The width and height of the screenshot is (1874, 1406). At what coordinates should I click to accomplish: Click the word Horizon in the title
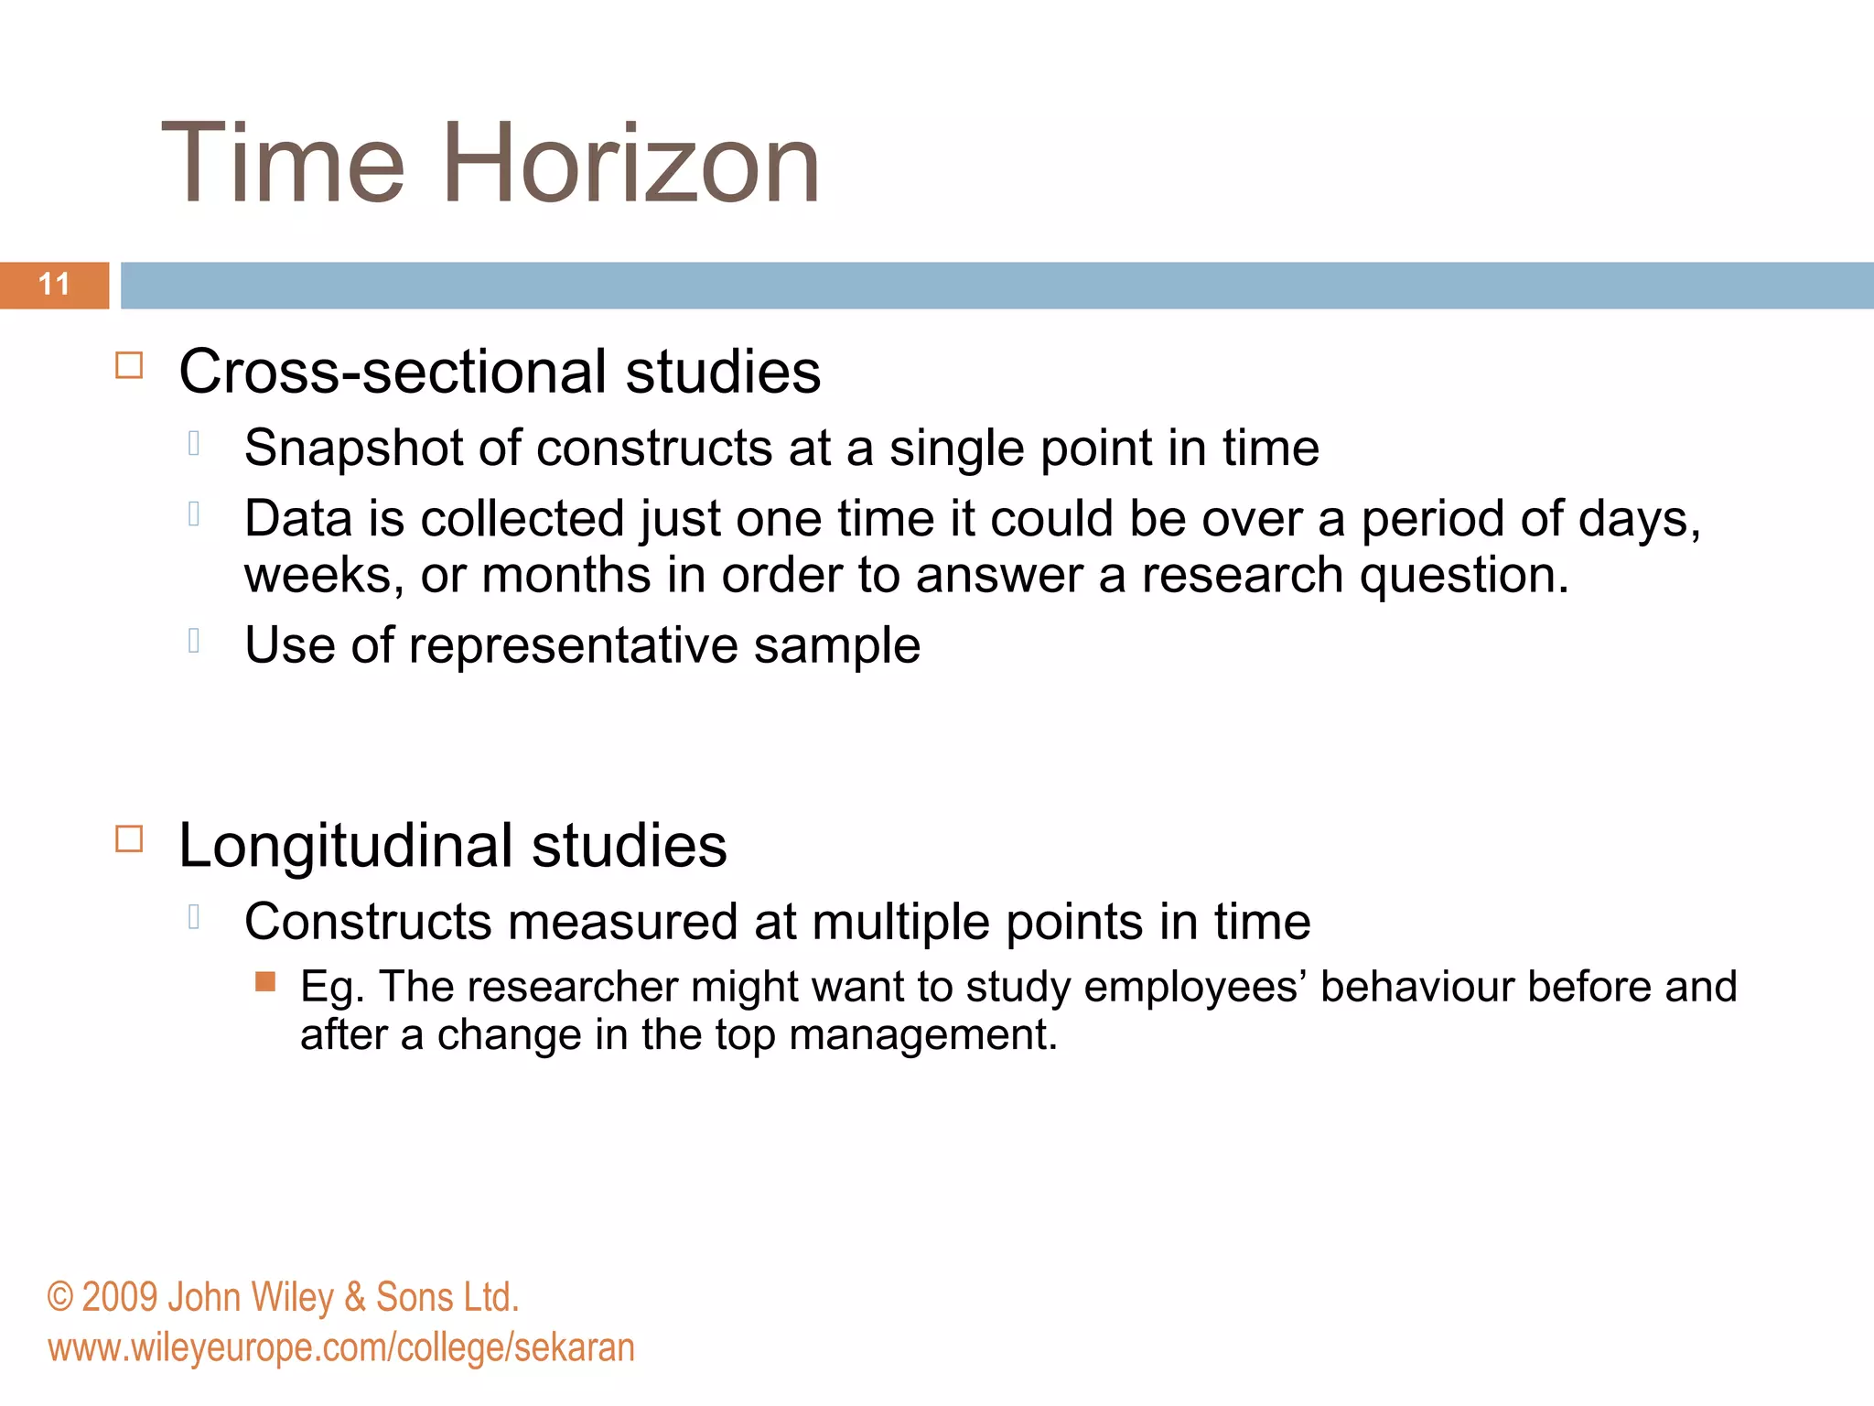(630, 165)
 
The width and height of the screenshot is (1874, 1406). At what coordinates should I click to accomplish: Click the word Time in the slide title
(283, 165)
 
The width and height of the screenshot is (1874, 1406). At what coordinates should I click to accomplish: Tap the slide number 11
(55, 285)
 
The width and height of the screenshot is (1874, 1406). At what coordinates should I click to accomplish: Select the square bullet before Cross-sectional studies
(129, 366)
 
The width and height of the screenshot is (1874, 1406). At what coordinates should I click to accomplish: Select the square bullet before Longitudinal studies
(129, 838)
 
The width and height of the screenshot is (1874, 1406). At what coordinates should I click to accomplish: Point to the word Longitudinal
(346, 845)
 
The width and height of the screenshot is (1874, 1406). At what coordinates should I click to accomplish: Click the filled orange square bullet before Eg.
(265, 982)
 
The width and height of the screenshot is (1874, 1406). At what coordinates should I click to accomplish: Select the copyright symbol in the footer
(59, 1298)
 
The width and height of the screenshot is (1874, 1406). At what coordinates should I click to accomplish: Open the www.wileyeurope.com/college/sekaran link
(341, 1348)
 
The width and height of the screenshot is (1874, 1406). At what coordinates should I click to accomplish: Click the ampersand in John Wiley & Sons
(354, 1298)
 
